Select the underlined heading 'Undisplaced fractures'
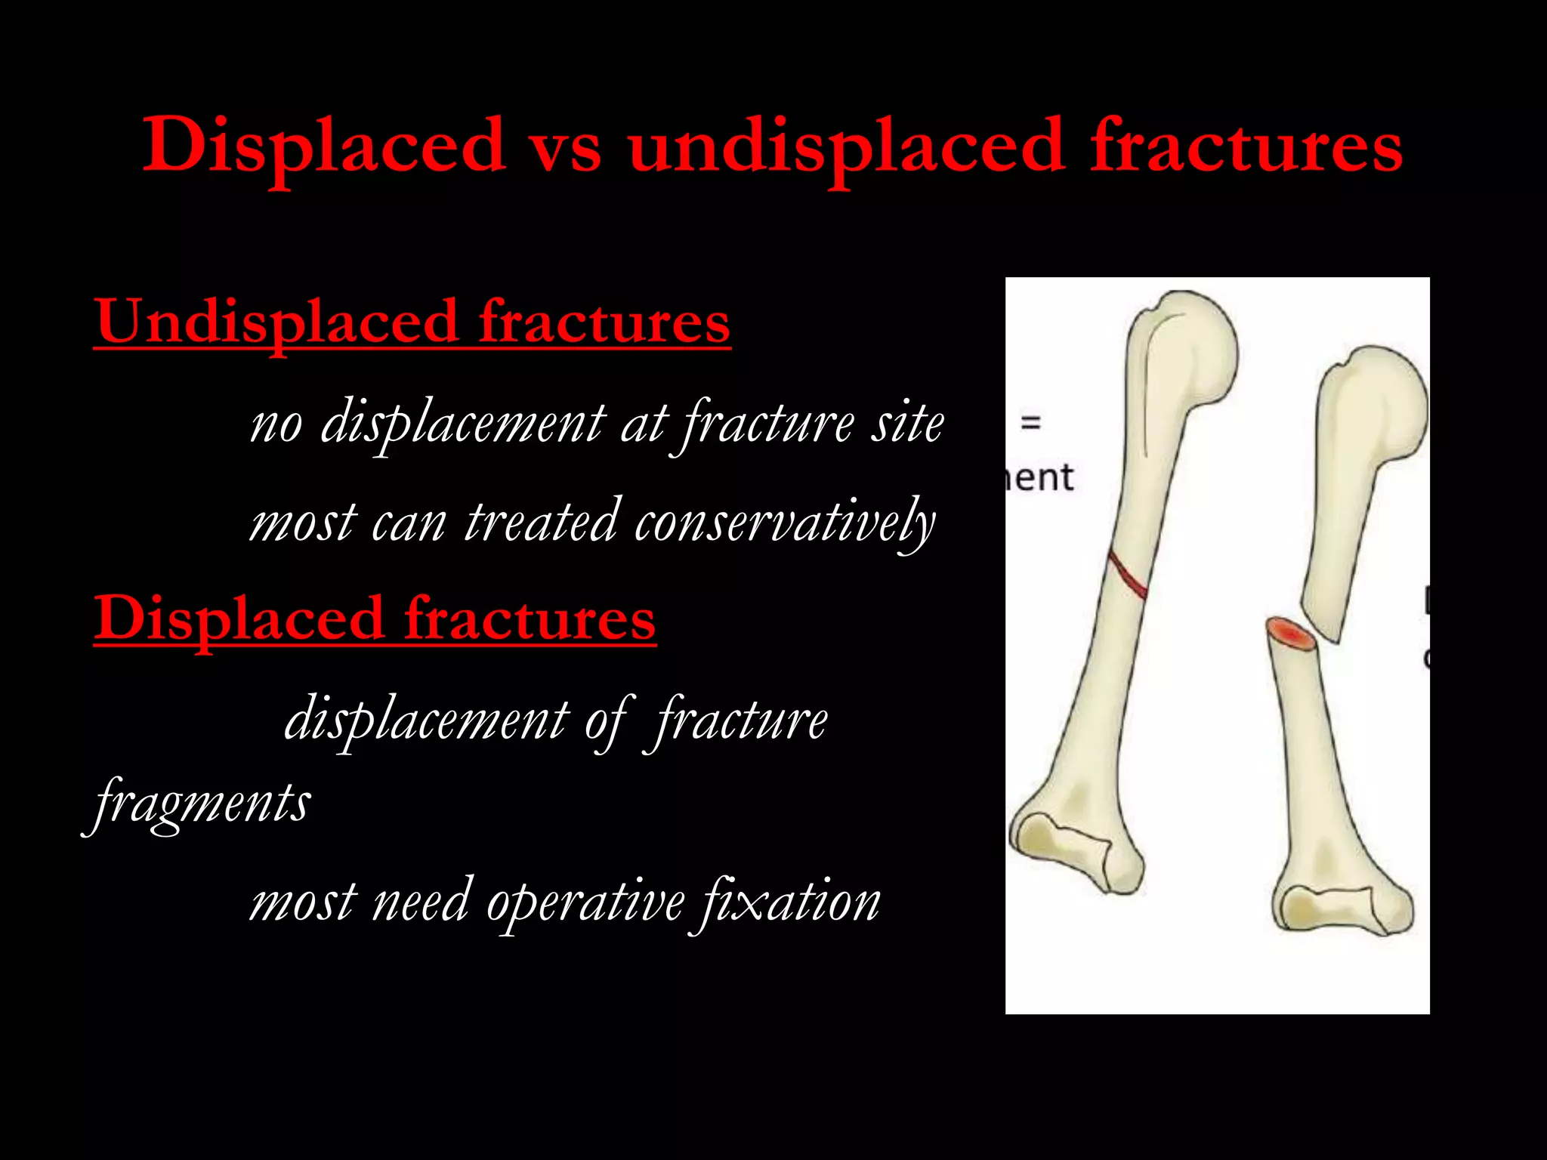coord(412,322)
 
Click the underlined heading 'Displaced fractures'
coord(375,619)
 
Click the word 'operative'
coord(585,901)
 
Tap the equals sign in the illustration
coord(1031,422)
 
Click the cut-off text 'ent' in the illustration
coord(1040,478)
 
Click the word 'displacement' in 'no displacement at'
coord(463,424)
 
